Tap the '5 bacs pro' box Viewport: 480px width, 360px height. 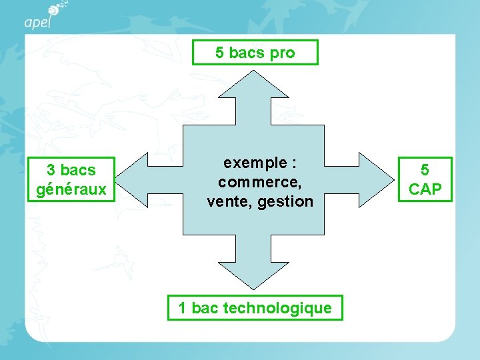(x=255, y=53)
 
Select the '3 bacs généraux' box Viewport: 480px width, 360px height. (x=71, y=180)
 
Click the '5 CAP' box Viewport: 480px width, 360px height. (x=425, y=180)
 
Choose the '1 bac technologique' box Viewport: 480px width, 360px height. (x=255, y=308)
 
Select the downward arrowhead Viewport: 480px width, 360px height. (x=255, y=274)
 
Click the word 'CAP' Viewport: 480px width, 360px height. (x=425, y=189)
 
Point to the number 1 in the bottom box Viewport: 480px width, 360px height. (x=182, y=308)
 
